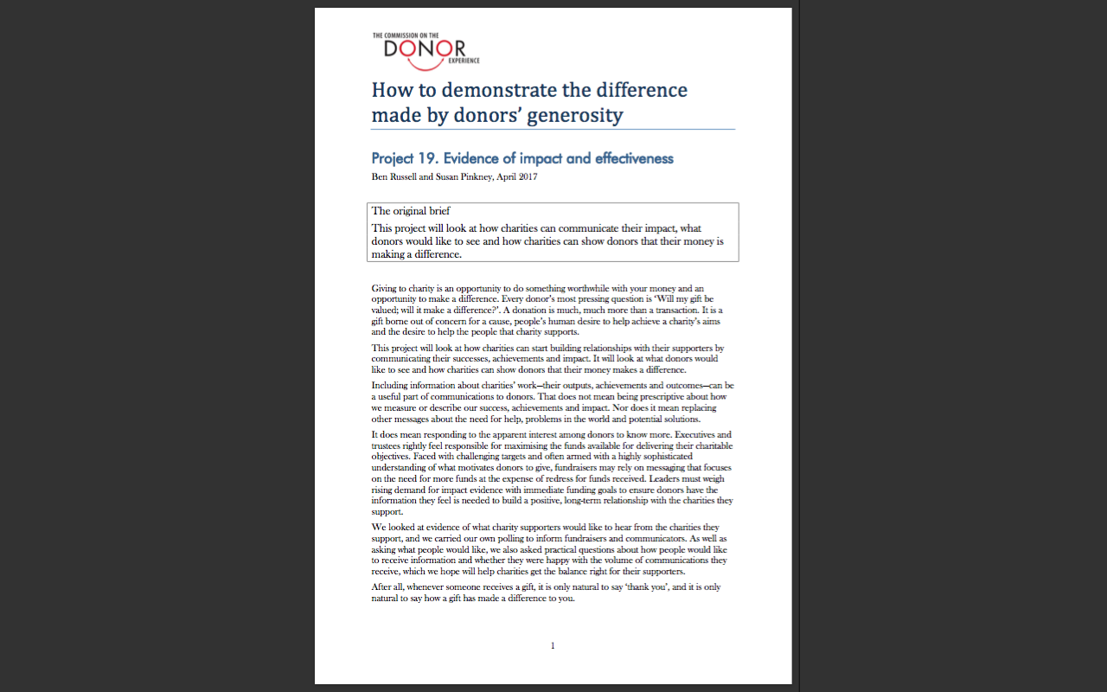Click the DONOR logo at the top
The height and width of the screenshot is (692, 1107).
[425, 50]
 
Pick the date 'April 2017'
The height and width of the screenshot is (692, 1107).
[518, 176]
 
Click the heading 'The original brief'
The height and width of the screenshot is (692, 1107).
[411, 211]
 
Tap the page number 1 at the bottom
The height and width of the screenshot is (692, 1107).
[553, 645]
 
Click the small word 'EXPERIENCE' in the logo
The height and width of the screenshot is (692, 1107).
[464, 61]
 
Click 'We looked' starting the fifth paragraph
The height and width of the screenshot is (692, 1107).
[392, 527]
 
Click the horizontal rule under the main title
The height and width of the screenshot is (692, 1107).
[553, 130]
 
